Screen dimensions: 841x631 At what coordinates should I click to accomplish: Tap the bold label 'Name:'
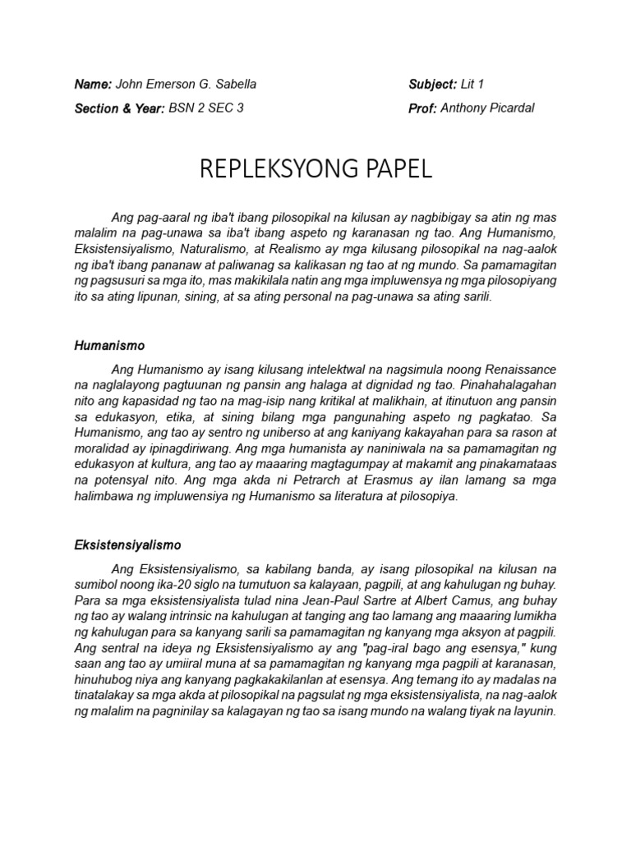(x=93, y=85)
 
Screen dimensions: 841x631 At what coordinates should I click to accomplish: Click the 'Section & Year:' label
(x=119, y=108)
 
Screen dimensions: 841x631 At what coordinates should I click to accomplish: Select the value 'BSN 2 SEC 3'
(x=206, y=108)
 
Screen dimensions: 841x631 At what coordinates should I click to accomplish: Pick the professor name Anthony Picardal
(x=487, y=108)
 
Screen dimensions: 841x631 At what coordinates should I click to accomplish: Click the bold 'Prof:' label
(x=422, y=108)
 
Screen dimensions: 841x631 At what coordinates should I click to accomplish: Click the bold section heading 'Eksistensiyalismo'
(x=127, y=545)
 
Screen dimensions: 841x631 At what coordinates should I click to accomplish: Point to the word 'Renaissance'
(x=518, y=370)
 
